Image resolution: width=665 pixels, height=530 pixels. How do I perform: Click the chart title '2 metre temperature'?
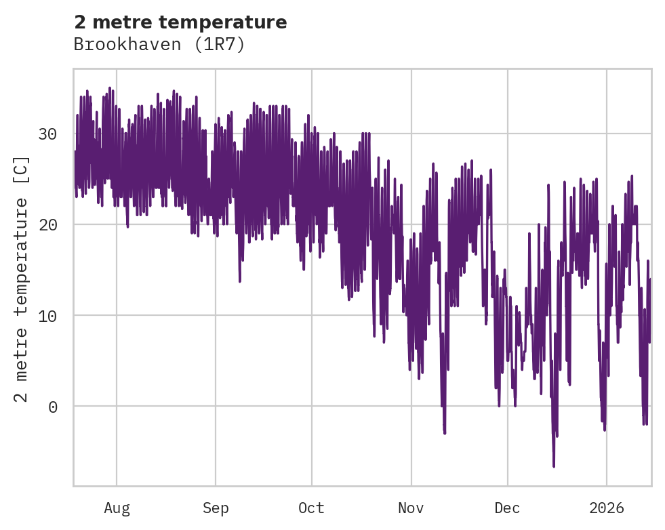180,22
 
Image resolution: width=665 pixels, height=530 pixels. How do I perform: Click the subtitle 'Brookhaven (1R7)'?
159,45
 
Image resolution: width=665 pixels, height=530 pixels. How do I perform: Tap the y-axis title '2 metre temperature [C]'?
22,279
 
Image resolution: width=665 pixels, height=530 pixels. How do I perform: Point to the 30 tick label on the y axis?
47,134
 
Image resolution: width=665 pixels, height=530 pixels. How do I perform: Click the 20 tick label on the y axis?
47,224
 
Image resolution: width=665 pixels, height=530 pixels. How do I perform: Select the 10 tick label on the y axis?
47,315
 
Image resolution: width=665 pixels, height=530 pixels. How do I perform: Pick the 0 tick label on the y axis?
52,406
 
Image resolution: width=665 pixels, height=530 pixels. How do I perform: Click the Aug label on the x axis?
117,508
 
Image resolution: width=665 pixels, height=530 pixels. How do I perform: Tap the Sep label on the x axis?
216,508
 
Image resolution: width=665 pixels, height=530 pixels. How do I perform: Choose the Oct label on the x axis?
311,508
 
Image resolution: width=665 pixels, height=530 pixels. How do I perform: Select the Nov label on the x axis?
411,508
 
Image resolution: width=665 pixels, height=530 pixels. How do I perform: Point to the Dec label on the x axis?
507,508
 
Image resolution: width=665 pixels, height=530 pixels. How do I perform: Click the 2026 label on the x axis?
607,508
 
